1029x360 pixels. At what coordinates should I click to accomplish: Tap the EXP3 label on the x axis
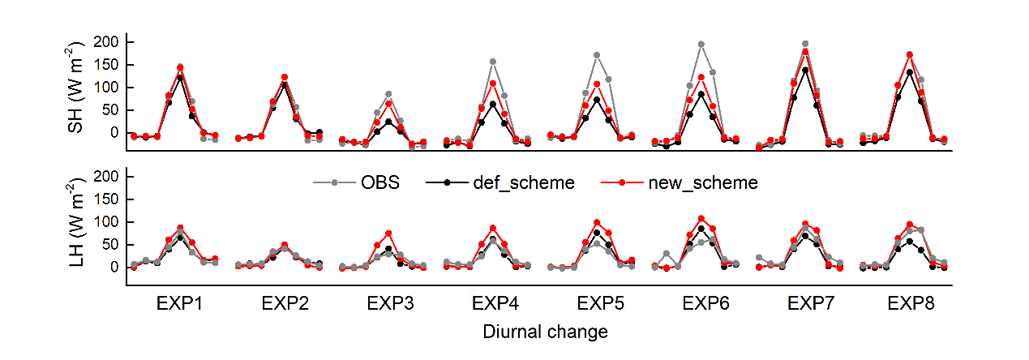click(x=389, y=305)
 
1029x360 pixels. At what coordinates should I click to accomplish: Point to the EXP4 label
click(x=495, y=305)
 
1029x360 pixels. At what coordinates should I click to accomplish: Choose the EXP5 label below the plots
click(x=599, y=305)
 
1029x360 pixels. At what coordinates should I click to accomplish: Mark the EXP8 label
click(x=911, y=305)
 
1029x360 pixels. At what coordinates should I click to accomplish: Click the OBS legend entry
click(x=379, y=183)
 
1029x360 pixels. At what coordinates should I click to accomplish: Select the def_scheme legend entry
click(x=524, y=183)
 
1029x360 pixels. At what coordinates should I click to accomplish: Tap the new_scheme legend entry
click(x=703, y=183)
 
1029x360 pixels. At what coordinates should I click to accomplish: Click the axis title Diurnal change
click(x=545, y=332)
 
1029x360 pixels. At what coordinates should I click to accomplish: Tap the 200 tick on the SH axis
click(x=109, y=42)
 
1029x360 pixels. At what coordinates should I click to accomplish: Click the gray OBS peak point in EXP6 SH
click(x=701, y=45)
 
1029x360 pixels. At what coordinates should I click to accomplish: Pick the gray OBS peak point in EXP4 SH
click(x=493, y=62)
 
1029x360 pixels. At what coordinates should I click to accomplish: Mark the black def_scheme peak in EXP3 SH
click(x=388, y=122)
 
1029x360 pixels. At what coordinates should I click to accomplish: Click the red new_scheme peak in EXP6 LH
click(x=701, y=219)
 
